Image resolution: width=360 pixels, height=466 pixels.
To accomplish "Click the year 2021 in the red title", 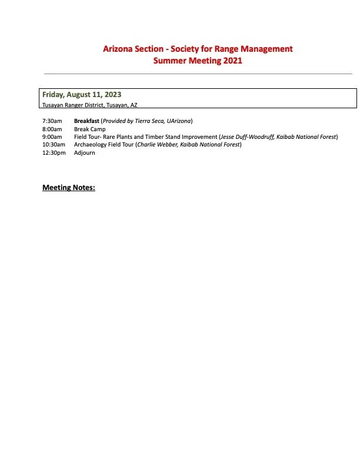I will tap(232, 61).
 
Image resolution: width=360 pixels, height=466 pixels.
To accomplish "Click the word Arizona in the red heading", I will tap(118, 49).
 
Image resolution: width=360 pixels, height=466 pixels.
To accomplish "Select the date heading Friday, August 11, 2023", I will tap(82, 95).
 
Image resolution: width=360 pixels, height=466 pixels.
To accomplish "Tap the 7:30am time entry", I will tap(52, 121).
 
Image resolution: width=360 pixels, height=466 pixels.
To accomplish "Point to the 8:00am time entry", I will tap(52, 129).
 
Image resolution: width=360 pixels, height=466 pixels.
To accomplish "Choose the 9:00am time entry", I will tap(52, 137).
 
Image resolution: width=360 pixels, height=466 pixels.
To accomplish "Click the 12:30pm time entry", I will tap(54, 153).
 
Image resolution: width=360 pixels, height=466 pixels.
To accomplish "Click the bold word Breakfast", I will tap(86, 121).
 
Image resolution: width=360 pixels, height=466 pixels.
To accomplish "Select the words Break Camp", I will tap(89, 129).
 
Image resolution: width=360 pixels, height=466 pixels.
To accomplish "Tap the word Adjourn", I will tap(85, 153).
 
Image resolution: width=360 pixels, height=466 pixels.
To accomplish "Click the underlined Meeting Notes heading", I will tap(69, 188).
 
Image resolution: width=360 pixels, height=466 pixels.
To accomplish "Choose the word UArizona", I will tap(178, 121).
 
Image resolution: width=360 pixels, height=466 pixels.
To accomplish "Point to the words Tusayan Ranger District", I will tap(72, 105).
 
